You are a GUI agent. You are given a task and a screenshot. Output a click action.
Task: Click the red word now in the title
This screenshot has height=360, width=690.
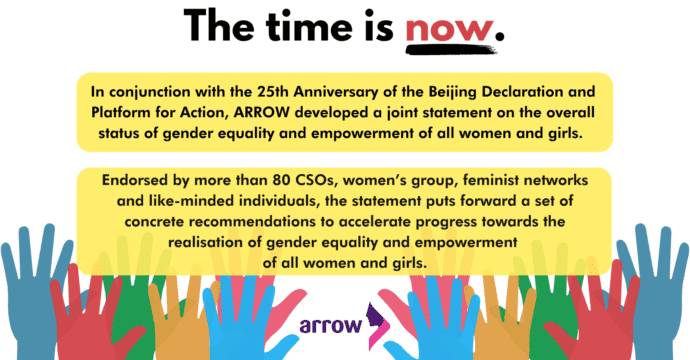point(449,30)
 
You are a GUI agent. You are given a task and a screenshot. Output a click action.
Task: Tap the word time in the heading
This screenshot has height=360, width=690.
point(309,25)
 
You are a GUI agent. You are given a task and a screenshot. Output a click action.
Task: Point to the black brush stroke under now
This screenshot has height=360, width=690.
point(451,49)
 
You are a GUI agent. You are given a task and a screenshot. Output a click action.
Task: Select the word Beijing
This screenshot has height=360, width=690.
point(451,93)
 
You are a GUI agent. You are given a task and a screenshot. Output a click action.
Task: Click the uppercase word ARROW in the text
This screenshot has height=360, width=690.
point(261,113)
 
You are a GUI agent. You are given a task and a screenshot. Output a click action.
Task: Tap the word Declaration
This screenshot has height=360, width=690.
point(522,92)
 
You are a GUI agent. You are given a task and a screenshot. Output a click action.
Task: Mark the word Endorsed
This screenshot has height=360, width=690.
point(130,180)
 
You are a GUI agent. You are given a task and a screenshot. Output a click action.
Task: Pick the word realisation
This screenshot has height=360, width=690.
point(209,242)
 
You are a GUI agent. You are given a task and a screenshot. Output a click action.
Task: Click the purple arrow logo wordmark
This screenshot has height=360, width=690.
point(331,325)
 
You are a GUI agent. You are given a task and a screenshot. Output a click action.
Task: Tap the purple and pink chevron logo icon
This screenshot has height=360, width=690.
point(379,326)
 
